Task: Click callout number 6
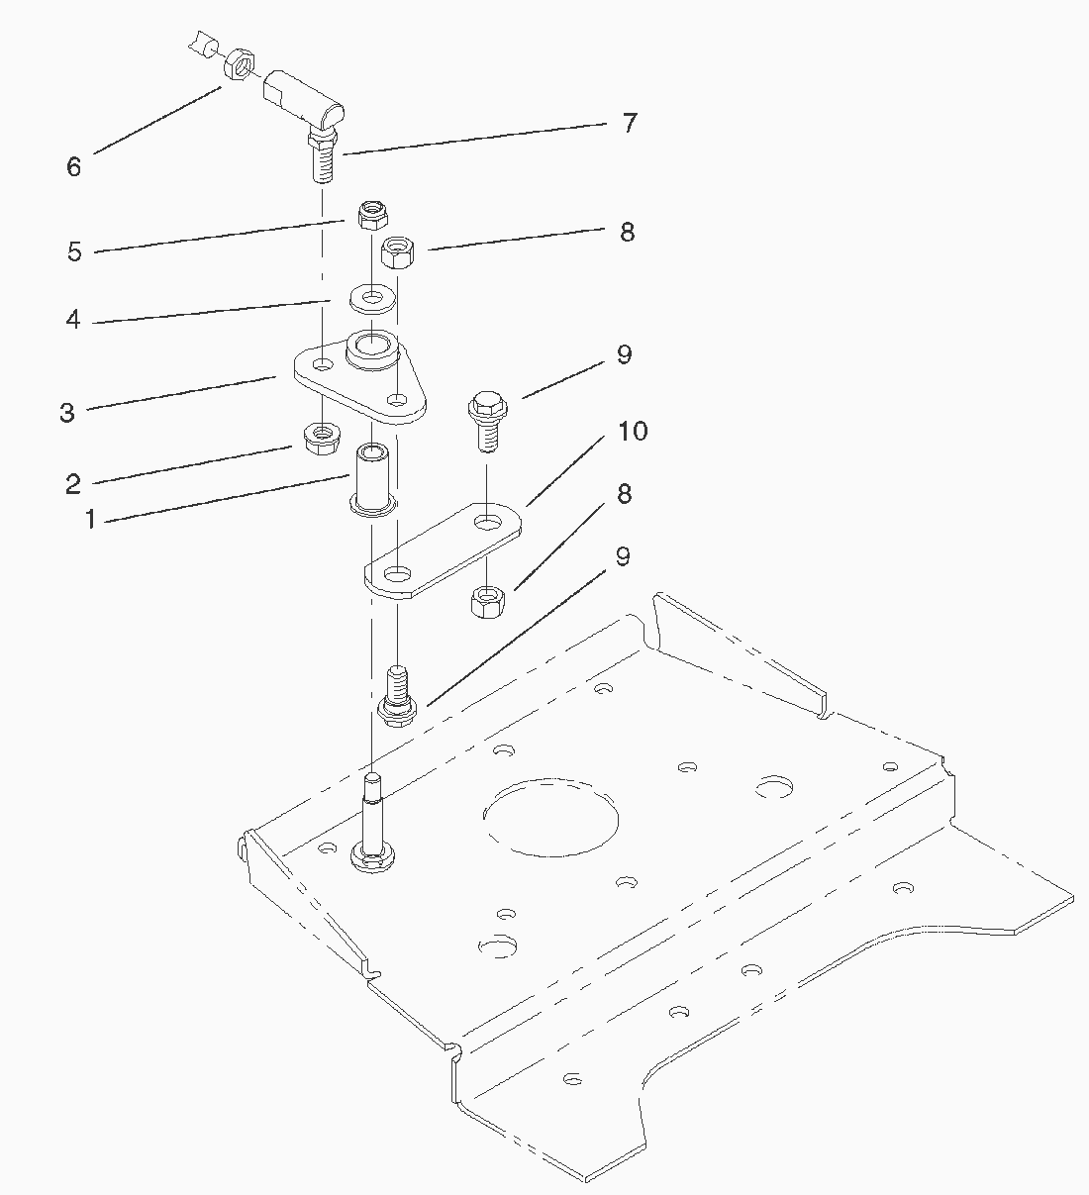(x=73, y=166)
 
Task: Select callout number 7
(x=630, y=124)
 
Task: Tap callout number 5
(x=74, y=251)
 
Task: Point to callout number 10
(x=633, y=432)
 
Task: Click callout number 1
(x=90, y=519)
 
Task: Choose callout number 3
(x=67, y=413)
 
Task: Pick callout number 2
(x=72, y=484)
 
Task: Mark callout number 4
(x=72, y=321)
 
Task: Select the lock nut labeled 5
(x=372, y=213)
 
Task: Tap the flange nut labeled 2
(x=322, y=438)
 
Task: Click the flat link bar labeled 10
(x=441, y=550)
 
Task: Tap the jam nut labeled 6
(x=239, y=66)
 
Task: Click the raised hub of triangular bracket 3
(x=372, y=350)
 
